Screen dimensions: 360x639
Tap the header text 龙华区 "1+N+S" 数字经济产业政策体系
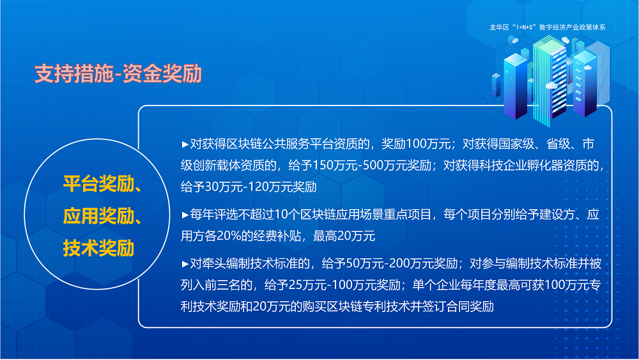click(547, 27)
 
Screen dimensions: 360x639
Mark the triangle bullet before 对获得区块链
click(185, 144)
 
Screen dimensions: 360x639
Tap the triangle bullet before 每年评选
click(185, 214)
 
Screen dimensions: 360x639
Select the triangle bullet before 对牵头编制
click(185, 263)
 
